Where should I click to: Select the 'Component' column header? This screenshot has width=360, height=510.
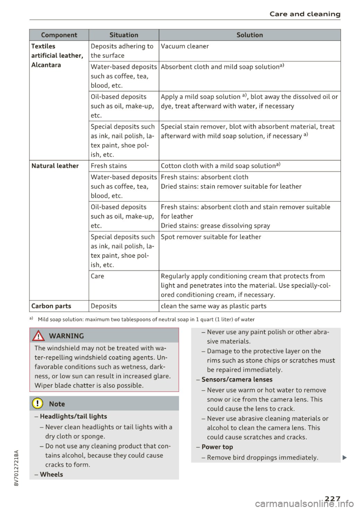(x=59, y=35)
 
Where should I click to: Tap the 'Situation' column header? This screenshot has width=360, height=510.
(x=124, y=35)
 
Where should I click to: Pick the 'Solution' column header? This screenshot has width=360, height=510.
(x=250, y=35)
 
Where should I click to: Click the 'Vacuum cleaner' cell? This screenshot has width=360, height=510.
(x=185, y=46)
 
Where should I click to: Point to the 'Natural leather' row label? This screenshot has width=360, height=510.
(x=55, y=166)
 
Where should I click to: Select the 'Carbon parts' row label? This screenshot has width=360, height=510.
(x=51, y=306)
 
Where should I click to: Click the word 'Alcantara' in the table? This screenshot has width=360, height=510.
(x=46, y=65)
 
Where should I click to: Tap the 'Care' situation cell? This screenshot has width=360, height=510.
(x=97, y=276)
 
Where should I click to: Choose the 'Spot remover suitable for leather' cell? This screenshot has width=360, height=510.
(x=211, y=237)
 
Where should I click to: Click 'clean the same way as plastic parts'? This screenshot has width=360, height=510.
(x=213, y=306)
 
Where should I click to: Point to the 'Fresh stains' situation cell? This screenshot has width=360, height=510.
(x=109, y=166)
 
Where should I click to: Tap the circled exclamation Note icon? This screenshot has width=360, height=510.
(x=38, y=404)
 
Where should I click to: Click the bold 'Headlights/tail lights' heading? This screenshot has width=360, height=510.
(x=73, y=416)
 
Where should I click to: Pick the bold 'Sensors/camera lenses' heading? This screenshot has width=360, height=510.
(x=237, y=379)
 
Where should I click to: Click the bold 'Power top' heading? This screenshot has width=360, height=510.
(x=217, y=447)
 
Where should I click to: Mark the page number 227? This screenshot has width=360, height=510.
(x=330, y=499)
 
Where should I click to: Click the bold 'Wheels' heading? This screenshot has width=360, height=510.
(x=51, y=474)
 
